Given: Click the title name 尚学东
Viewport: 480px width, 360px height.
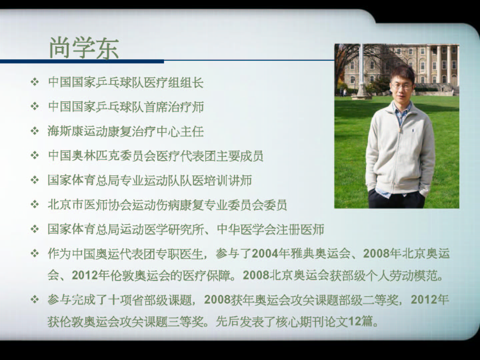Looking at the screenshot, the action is point(84,48).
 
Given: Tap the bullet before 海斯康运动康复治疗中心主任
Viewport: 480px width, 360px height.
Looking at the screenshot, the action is point(35,131).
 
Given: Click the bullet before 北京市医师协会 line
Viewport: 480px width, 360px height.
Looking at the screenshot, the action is point(35,205).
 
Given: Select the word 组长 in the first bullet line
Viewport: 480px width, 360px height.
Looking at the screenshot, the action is point(192,82).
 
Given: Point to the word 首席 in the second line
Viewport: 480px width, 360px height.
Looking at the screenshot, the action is point(156,107).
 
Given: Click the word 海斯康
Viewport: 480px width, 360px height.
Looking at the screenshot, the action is point(66,131).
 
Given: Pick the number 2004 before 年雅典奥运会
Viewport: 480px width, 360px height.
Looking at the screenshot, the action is point(265,254).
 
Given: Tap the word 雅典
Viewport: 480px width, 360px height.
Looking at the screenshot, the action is point(303,254).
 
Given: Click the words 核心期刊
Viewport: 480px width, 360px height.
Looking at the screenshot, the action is point(300,322).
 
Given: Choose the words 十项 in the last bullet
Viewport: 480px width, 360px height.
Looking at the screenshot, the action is point(120,300).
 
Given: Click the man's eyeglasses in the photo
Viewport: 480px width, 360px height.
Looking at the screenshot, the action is point(402,86).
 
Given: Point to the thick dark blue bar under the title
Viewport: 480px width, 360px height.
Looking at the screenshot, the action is point(82,61).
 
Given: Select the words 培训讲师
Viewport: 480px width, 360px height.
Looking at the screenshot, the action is point(227,181).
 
